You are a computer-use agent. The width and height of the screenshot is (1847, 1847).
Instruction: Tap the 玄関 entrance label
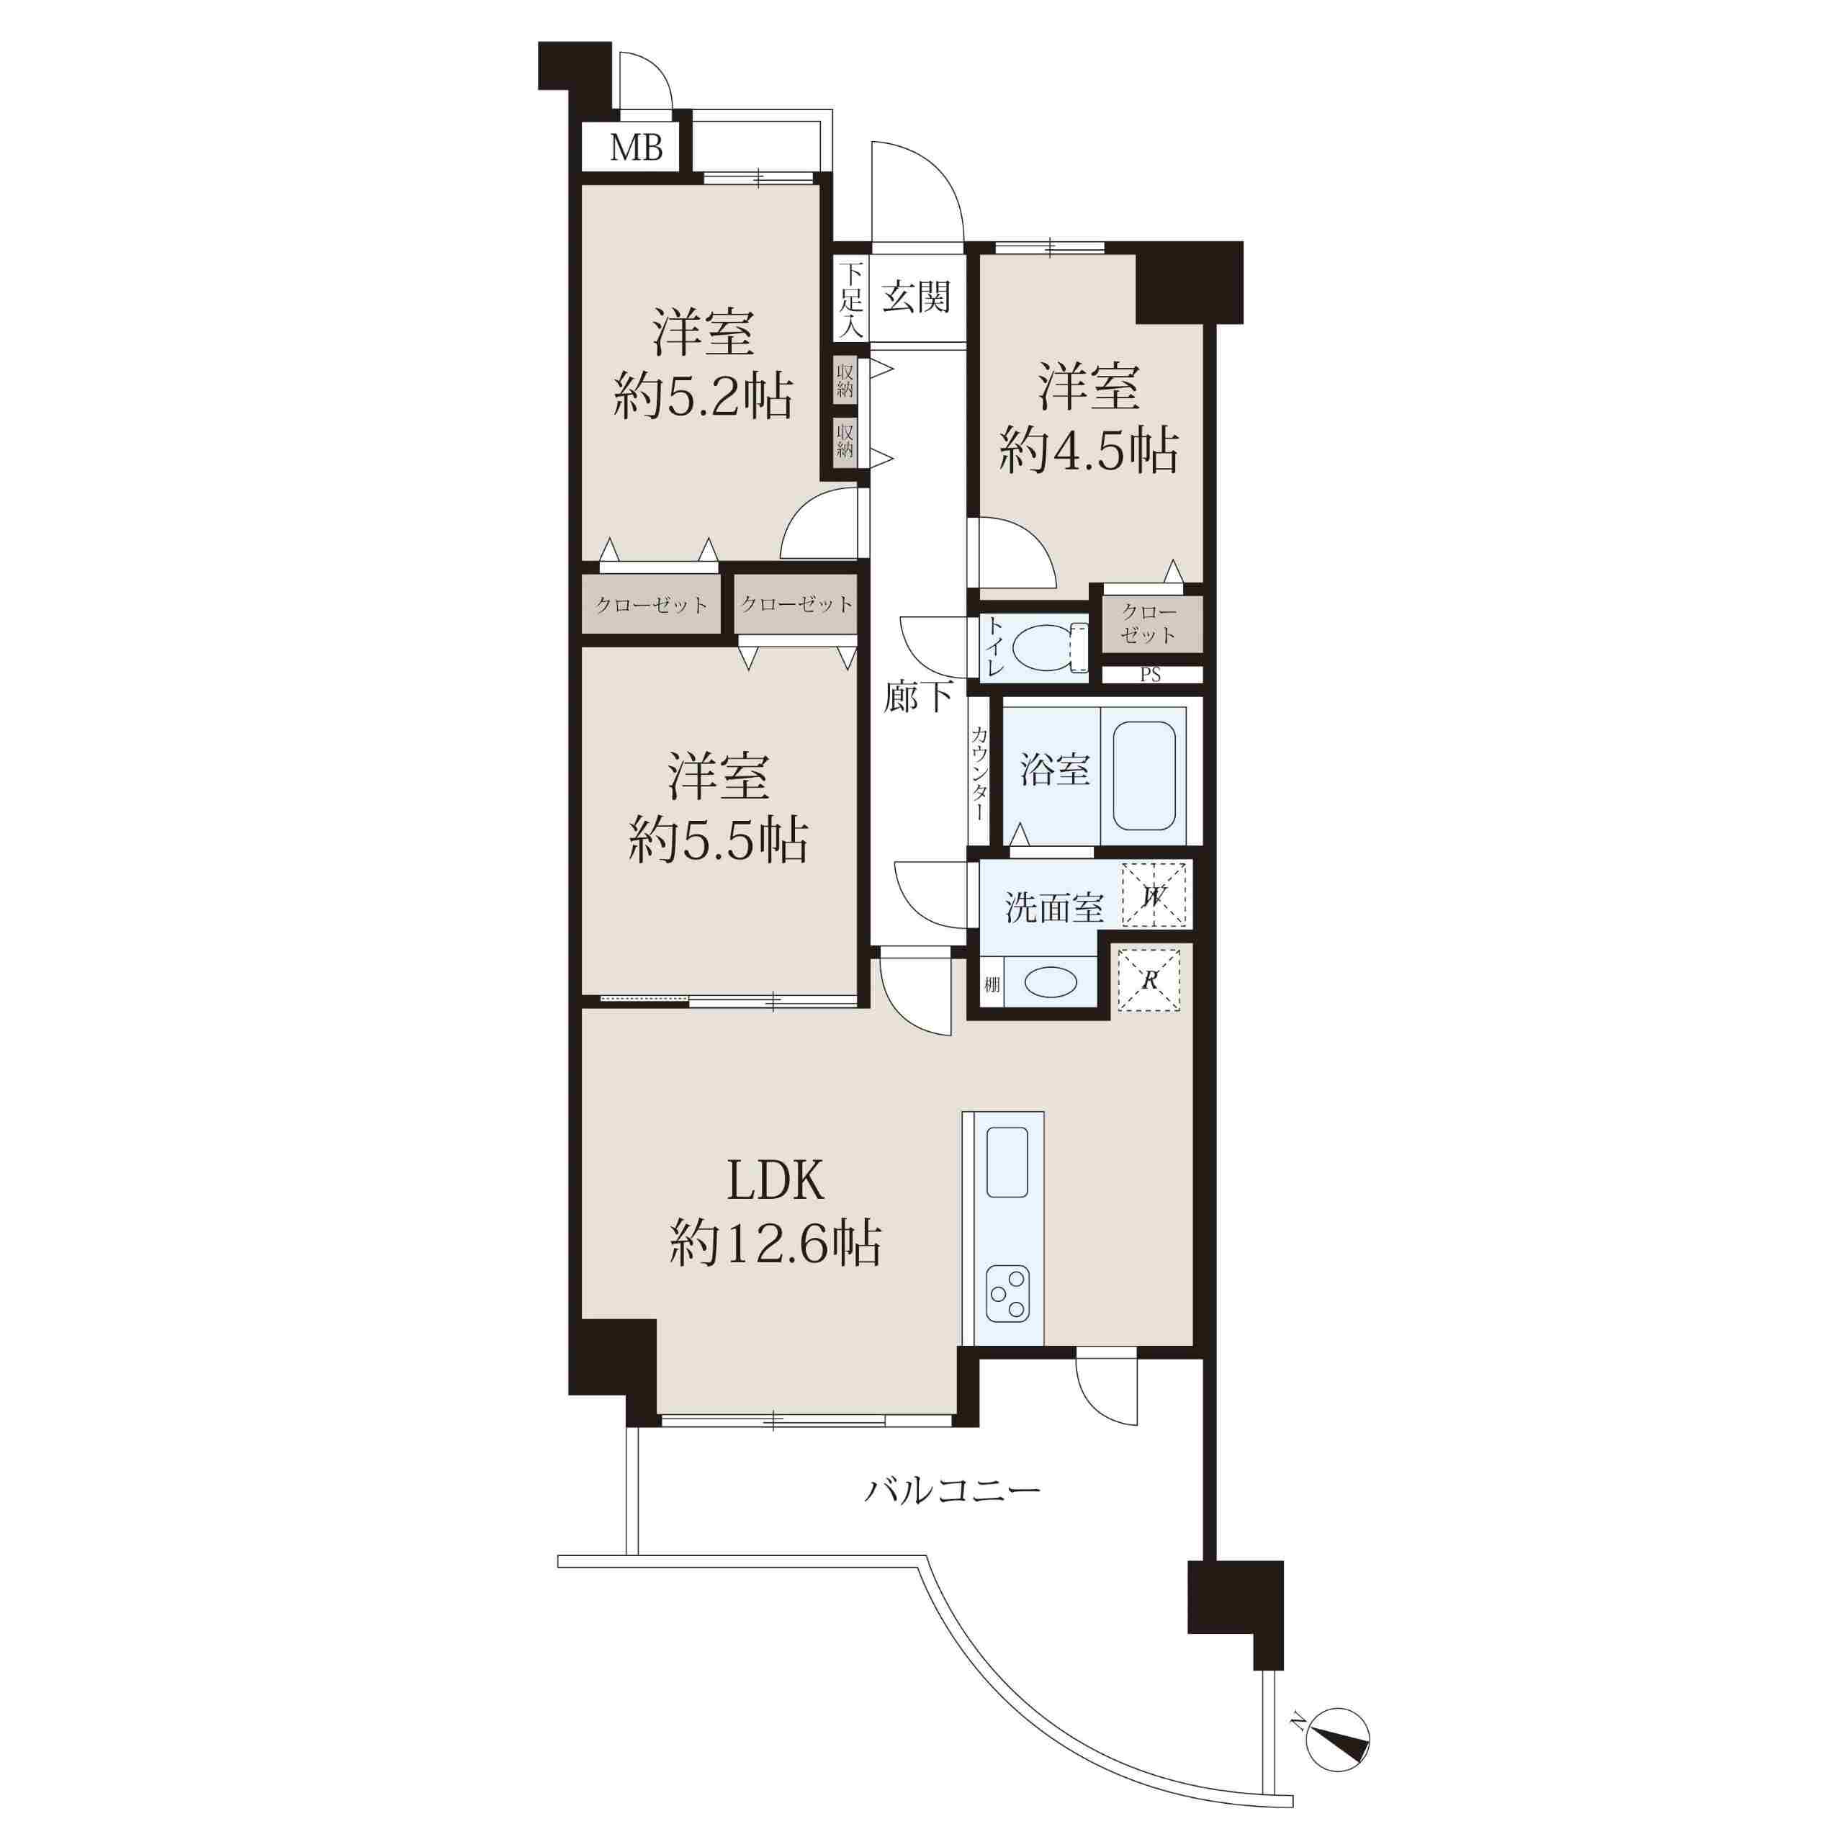pyautogui.click(x=916, y=297)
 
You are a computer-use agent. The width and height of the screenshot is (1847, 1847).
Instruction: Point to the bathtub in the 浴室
pyautogui.click(x=1143, y=776)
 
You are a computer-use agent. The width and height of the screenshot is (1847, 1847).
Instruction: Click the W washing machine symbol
pyautogui.click(x=1154, y=895)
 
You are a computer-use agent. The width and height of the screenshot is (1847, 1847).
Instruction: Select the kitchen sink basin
pyautogui.click(x=1007, y=1161)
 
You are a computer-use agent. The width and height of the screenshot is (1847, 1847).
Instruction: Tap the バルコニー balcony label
pyautogui.click(x=952, y=1491)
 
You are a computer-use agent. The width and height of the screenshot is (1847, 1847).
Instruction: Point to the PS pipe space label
pyautogui.click(x=1150, y=675)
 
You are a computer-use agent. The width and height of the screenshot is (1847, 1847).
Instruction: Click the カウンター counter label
pyautogui.click(x=980, y=773)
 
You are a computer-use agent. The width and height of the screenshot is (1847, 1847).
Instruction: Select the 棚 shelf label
pyautogui.click(x=992, y=984)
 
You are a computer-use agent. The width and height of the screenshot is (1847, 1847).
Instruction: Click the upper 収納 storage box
pyautogui.click(x=845, y=380)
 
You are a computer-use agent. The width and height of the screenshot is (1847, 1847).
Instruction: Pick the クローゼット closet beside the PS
pyautogui.click(x=1150, y=624)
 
